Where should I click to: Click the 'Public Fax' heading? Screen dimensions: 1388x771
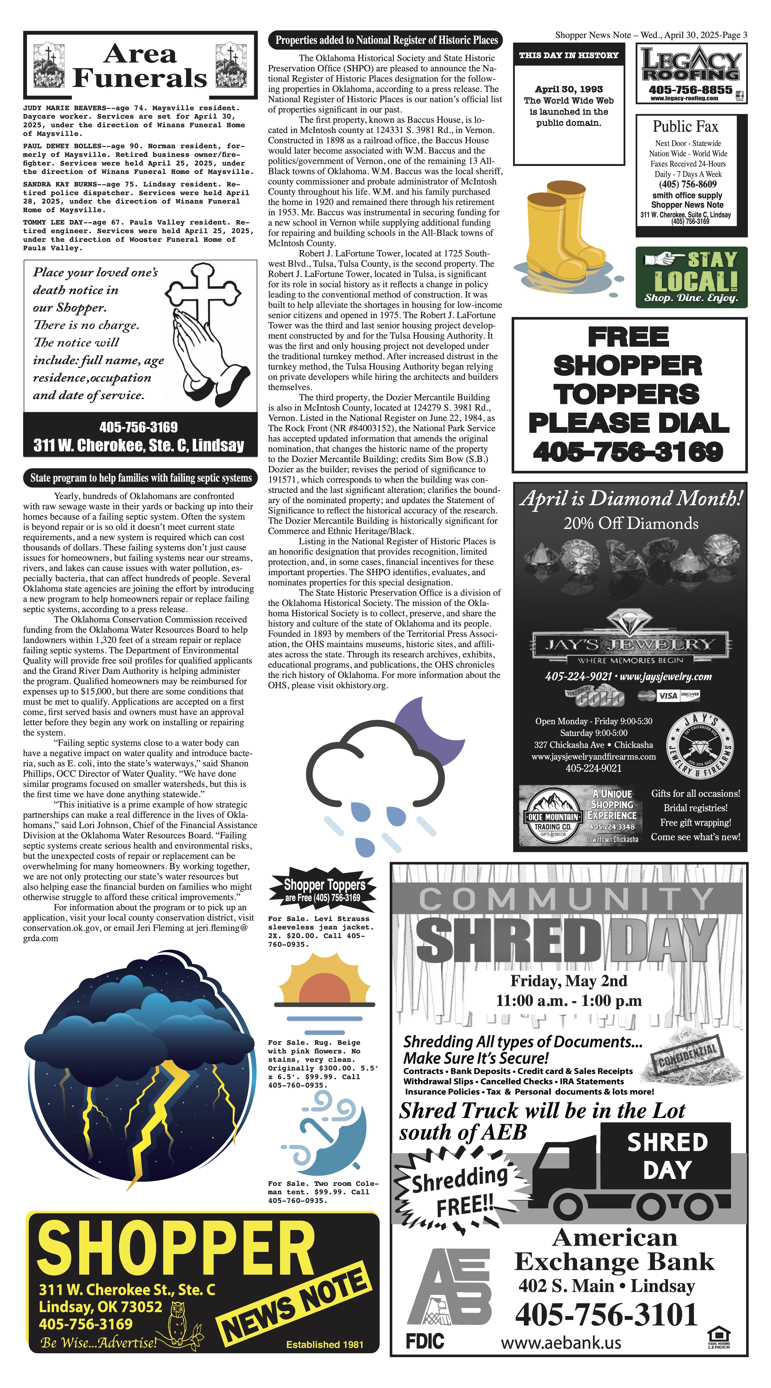tap(685, 127)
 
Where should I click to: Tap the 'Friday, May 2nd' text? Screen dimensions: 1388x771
tap(568, 981)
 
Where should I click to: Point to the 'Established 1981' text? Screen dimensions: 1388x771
tap(324, 1344)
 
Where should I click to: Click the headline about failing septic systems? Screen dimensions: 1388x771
tap(141, 478)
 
